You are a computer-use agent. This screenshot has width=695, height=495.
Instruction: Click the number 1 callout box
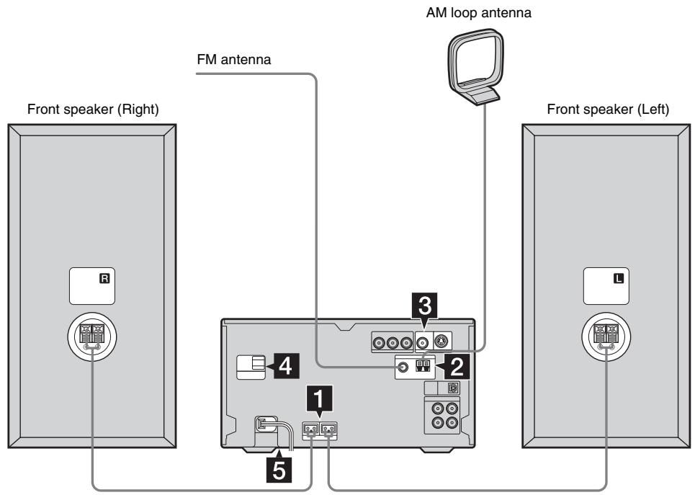(x=319, y=396)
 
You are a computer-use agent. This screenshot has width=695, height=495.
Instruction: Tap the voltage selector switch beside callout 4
(x=252, y=366)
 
